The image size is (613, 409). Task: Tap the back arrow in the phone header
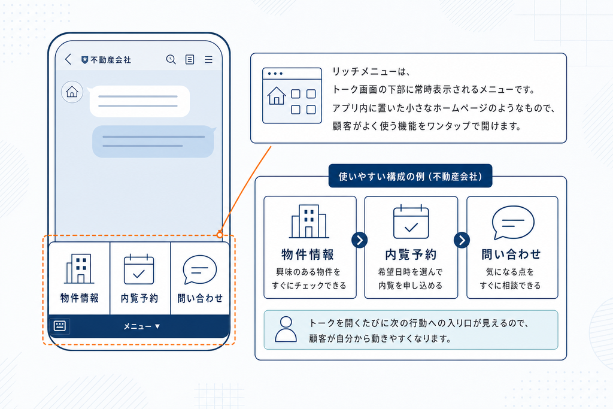tap(68, 59)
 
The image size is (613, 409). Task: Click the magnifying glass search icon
tap(171, 59)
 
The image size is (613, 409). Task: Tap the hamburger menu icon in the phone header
tap(209, 59)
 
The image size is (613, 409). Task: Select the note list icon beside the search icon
tap(190, 59)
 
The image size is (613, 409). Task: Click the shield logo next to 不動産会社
tap(84, 60)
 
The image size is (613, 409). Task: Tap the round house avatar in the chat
tap(72, 92)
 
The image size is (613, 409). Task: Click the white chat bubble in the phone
tap(139, 101)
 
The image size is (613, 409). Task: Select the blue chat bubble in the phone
tap(153, 141)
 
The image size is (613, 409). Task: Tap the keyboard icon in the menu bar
tap(59, 326)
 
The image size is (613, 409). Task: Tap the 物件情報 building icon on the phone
tap(80, 269)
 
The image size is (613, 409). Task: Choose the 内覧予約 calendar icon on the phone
tap(139, 269)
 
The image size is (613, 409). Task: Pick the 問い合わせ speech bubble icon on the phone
tap(200, 270)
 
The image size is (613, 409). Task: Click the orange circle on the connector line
tap(220, 235)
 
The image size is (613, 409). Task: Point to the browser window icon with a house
tap(292, 95)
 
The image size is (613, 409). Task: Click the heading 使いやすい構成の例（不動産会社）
tap(410, 176)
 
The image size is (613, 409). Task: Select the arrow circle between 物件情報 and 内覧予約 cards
tap(360, 240)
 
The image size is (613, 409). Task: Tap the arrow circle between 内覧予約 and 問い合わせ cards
tap(462, 240)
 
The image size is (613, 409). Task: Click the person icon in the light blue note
tap(286, 329)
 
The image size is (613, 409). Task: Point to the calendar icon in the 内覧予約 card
tap(411, 222)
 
